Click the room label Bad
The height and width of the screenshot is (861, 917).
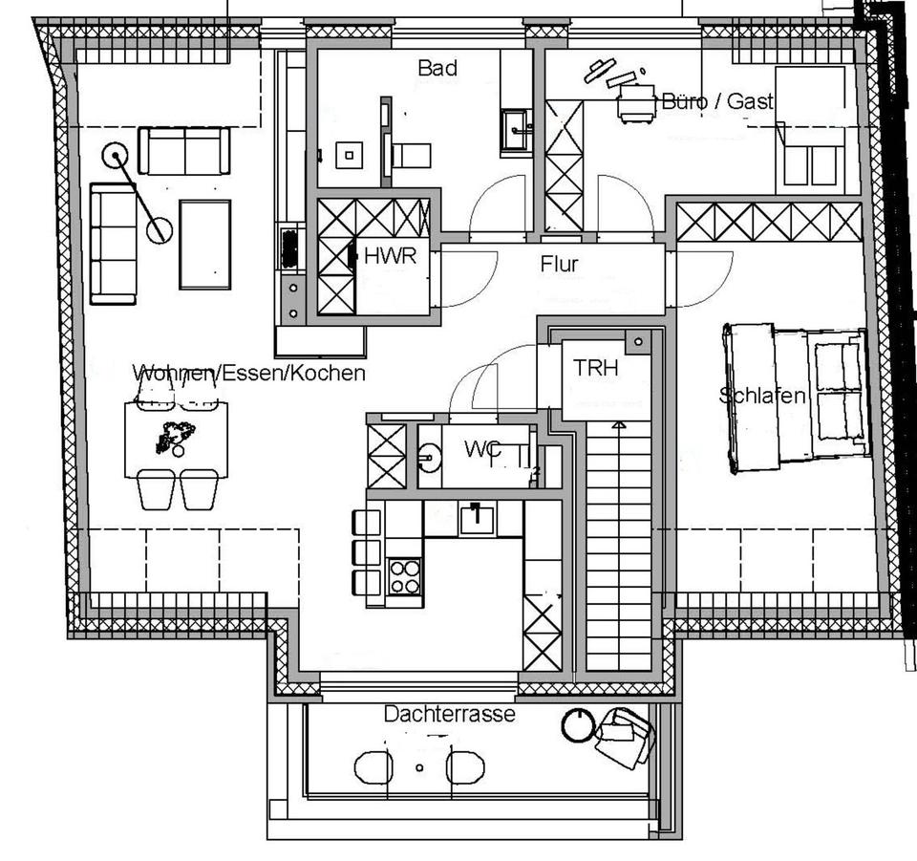(437, 68)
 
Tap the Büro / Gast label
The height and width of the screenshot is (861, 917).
(717, 100)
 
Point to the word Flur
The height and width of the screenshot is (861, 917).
(559, 263)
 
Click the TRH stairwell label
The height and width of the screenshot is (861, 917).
(596, 367)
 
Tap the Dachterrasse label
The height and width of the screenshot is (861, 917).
(449, 713)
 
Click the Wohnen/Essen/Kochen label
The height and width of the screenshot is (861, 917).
(249, 373)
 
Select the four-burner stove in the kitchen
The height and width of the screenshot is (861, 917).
(405, 576)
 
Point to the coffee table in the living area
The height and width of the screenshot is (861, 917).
(204, 244)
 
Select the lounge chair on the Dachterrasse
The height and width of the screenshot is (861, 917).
(624, 737)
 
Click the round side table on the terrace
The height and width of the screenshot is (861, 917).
(577, 726)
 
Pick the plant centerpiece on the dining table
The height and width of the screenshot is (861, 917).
(175, 437)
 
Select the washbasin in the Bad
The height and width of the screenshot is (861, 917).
(515, 125)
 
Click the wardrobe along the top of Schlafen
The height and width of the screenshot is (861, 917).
(769, 222)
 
